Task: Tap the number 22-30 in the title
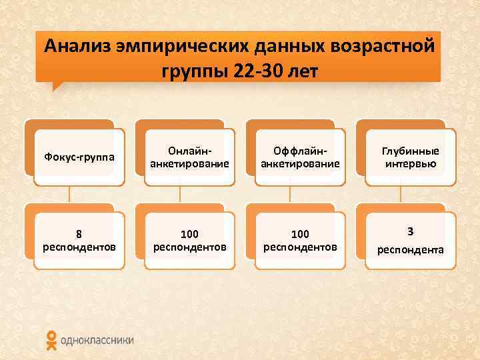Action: click(260, 70)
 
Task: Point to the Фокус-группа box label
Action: click(79, 157)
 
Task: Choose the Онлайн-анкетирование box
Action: click(190, 157)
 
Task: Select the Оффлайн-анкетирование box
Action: click(300, 157)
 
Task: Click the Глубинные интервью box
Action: click(411, 157)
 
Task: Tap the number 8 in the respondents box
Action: click(79, 234)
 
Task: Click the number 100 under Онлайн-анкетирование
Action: click(190, 234)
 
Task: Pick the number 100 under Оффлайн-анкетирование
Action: click(300, 234)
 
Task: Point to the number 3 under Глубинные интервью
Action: click(411, 231)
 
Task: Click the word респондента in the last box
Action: click(411, 250)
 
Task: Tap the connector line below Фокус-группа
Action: click(69, 194)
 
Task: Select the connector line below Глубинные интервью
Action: click(400, 194)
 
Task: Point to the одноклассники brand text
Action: click(97, 340)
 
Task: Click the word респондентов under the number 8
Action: click(79, 247)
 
